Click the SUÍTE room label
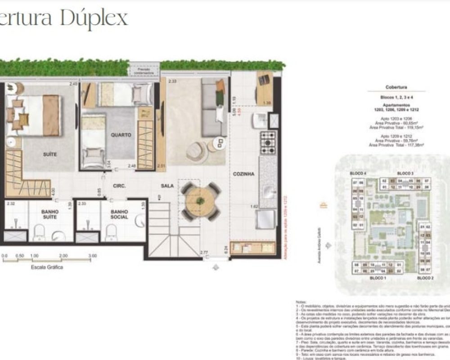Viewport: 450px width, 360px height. pyautogui.click(x=50, y=154)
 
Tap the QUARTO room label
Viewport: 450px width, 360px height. pyautogui.click(x=121, y=135)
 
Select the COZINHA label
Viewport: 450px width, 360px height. pyautogui.click(x=244, y=174)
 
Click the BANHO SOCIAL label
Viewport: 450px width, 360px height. pyautogui.click(x=119, y=214)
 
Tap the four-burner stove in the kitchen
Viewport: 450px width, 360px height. pyautogui.click(x=269, y=143)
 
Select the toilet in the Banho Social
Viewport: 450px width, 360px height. pyautogui.click(x=111, y=233)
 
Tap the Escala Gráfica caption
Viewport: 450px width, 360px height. pyautogui.click(x=47, y=267)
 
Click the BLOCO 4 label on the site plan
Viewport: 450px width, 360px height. pyautogui.click(x=359, y=173)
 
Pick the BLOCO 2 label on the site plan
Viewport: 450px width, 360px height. pyautogui.click(x=425, y=279)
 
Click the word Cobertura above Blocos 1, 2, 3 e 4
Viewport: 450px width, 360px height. pyautogui.click(x=396, y=87)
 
